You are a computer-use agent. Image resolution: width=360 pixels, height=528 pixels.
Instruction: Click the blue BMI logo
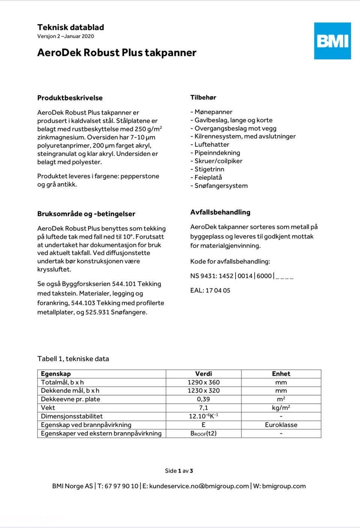point(332,41)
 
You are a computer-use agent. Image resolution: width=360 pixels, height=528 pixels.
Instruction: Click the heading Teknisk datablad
point(70,27)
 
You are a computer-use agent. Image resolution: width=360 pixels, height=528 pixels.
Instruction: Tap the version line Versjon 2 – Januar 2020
point(66,36)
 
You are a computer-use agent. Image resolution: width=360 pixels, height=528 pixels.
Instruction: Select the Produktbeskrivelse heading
point(70,98)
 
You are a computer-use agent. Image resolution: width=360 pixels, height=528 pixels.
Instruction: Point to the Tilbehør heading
point(203,98)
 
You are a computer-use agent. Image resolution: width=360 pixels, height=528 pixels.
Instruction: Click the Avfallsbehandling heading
point(220,212)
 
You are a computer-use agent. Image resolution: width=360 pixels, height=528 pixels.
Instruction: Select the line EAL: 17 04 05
point(210,290)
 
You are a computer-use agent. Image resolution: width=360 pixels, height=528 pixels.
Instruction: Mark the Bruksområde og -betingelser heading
point(86,214)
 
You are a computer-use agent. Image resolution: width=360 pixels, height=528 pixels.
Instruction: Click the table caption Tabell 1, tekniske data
point(73,359)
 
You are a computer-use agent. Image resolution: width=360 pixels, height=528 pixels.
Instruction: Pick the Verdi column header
point(204,374)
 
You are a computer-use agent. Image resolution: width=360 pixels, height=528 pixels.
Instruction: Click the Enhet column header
point(281,374)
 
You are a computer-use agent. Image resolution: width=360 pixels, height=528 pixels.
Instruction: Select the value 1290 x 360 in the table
point(204,382)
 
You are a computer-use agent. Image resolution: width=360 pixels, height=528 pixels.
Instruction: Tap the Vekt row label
point(48,408)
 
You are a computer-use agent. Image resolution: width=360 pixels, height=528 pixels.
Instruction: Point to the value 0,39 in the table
point(204,399)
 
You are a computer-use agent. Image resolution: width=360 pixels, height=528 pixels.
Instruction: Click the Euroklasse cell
point(281,425)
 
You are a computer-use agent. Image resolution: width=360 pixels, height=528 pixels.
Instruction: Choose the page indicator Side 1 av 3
point(179,471)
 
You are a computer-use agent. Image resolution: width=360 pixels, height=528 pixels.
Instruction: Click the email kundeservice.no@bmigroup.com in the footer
point(199,486)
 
